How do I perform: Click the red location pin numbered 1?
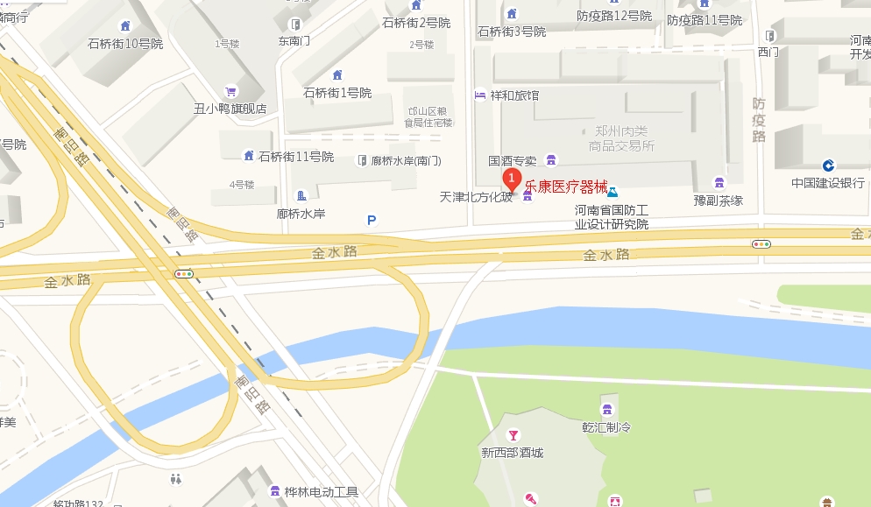click(x=512, y=180)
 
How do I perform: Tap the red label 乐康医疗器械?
click(x=566, y=186)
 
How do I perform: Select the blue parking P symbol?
click(x=372, y=221)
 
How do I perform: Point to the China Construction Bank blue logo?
click(x=828, y=165)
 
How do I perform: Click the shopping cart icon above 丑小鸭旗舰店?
click(x=230, y=91)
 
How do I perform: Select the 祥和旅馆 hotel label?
click(x=514, y=95)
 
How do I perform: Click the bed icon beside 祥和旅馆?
click(x=479, y=95)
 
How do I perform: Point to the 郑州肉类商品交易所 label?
click(x=620, y=138)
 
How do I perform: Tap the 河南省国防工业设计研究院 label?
click(x=612, y=217)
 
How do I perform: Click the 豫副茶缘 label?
click(x=719, y=201)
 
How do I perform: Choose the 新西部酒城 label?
click(x=513, y=453)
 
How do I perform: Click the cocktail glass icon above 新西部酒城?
click(x=513, y=435)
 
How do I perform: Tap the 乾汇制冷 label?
click(x=606, y=427)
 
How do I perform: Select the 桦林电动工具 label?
click(x=322, y=492)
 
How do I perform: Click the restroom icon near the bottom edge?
click(x=177, y=479)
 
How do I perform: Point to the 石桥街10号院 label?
click(x=125, y=44)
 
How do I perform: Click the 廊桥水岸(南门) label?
click(x=406, y=161)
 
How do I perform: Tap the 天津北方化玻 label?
click(x=476, y=198)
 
